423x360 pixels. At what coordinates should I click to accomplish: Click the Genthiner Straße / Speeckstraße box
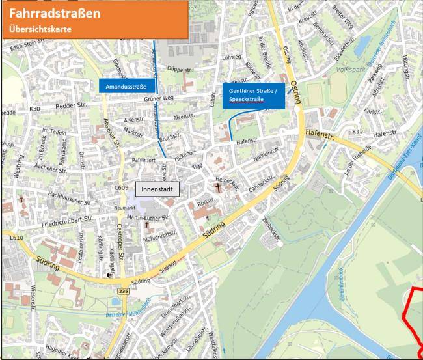click(x=252, y=95)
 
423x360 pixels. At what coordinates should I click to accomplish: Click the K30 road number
click(x=34, y=108)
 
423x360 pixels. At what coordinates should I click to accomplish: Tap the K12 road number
click(x=357, y=132)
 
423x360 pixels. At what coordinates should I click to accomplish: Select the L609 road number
click(x=121, y=189)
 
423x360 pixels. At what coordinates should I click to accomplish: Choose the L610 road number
click(x=16, y=238)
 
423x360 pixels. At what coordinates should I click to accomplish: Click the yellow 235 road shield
click(x=124, y=292)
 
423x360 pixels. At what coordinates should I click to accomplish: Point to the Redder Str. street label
click(x=72, y=104)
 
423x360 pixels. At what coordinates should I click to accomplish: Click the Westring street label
click(x=18, y=159)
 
